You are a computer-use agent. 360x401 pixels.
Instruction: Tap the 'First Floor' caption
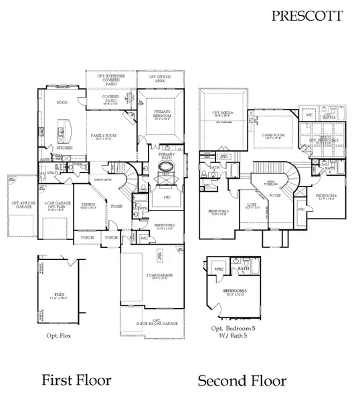76,380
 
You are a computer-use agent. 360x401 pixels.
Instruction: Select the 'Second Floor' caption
242,381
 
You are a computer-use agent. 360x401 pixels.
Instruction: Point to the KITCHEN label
64,146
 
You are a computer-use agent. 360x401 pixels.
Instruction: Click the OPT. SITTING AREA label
161,78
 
